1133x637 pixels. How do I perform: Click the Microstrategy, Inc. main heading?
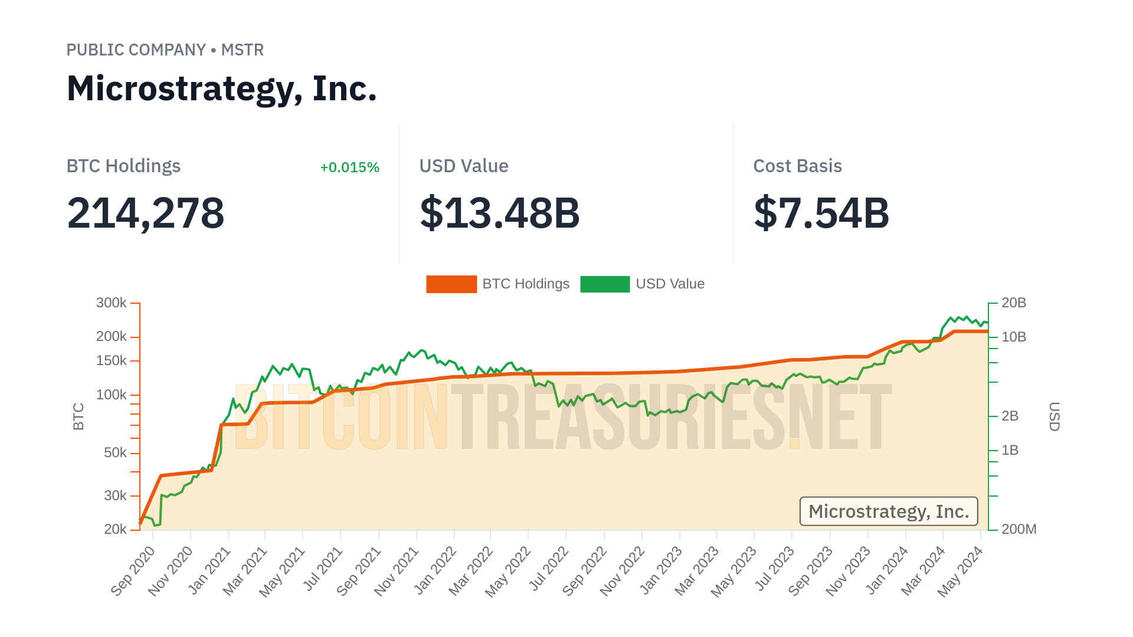tap(221, 88)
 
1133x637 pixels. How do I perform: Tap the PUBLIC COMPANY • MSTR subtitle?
tap(165, 50)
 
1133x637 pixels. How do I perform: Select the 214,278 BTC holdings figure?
tap(145, 213)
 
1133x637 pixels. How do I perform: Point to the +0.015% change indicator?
tap(349, 168)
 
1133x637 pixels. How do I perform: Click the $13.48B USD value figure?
tap(499, 213)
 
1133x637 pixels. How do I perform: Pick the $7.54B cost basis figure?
tap(821, 213)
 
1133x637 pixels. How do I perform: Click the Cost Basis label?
tap(797, 166)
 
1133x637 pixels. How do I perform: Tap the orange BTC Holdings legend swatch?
tap(451, 284)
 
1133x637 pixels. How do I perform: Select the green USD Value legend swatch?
tap(605, 284)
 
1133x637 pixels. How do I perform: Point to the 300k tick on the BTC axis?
tap(112, 303)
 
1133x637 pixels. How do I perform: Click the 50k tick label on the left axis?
tap(115, 453)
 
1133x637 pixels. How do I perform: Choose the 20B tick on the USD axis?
tap(1014, 303)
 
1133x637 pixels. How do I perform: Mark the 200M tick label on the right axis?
tap(1019, 529)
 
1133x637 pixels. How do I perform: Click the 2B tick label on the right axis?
tap(1010, 416)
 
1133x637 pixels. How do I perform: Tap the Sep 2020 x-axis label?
tap(133, 570)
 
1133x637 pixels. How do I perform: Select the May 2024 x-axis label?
tap(961, 570)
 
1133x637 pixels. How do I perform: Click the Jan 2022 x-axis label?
tap(435, 570)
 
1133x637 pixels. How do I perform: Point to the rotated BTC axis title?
tap(78, 416)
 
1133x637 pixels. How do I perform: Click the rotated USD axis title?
tap(1055, 416)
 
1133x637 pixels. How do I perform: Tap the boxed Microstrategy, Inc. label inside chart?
tap(889, 511)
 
